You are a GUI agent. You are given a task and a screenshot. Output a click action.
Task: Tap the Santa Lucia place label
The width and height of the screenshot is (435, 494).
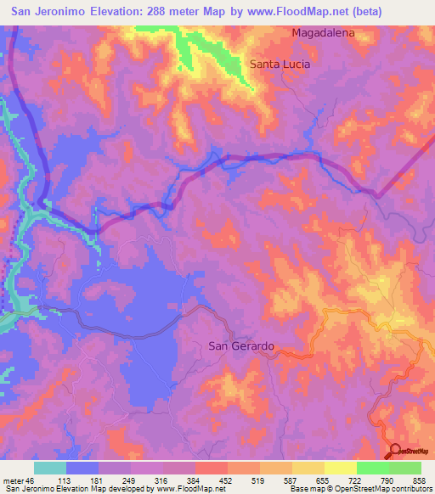(280, 64)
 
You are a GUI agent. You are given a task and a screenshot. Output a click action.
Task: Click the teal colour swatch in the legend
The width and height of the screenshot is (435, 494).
(50, 468)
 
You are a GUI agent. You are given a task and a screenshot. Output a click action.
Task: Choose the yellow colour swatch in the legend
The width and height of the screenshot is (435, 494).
(340, 468)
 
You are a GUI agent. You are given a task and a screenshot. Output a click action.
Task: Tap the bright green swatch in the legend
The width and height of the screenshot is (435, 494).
(372, 468)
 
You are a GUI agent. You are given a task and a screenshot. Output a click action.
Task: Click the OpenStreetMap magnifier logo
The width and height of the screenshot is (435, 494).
(396, 452)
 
